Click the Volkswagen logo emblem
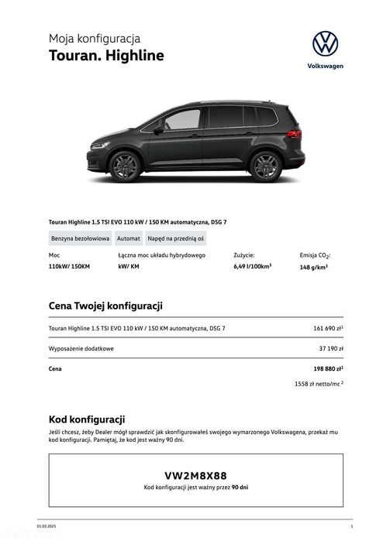click(x=325, y=43)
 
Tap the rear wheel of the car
click(x=264, y=166)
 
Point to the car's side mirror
click(x=158, y=130)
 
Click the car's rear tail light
click(x=294, y=134)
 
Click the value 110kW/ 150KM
click(x=69, y=266)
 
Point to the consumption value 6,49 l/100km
click(x=252, y=266)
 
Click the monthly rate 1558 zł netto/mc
click(x=319, y=383)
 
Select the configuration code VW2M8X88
click(x=195, y=475)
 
